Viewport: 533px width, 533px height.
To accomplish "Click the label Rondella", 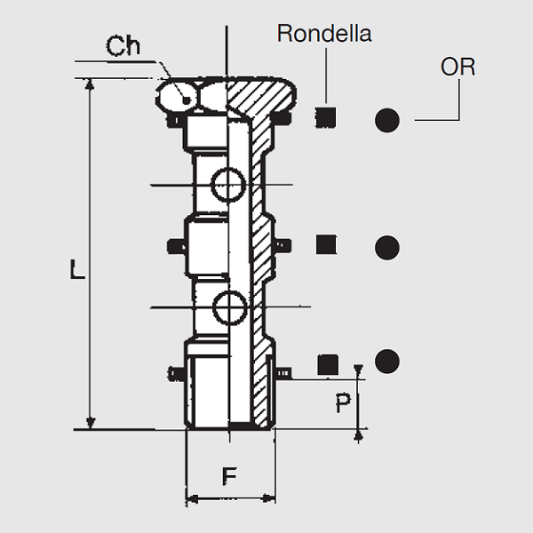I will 323,35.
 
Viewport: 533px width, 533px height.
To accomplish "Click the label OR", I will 457,67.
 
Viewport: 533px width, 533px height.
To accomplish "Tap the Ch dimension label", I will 123,46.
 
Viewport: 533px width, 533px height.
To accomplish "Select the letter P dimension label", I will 343,404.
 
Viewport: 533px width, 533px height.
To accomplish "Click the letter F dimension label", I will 229,477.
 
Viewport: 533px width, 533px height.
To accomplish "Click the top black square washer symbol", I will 327,117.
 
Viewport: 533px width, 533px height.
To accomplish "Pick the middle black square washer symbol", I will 327,245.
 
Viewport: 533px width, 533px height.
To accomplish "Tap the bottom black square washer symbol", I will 328,362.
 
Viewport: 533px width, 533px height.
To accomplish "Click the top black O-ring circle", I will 387,119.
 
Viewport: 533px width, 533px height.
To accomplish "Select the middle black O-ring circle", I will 387,247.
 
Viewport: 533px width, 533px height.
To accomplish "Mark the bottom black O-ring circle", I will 387,362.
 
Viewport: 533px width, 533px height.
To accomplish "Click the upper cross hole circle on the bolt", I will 229,185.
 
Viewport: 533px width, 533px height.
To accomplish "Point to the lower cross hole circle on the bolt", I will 229,307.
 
